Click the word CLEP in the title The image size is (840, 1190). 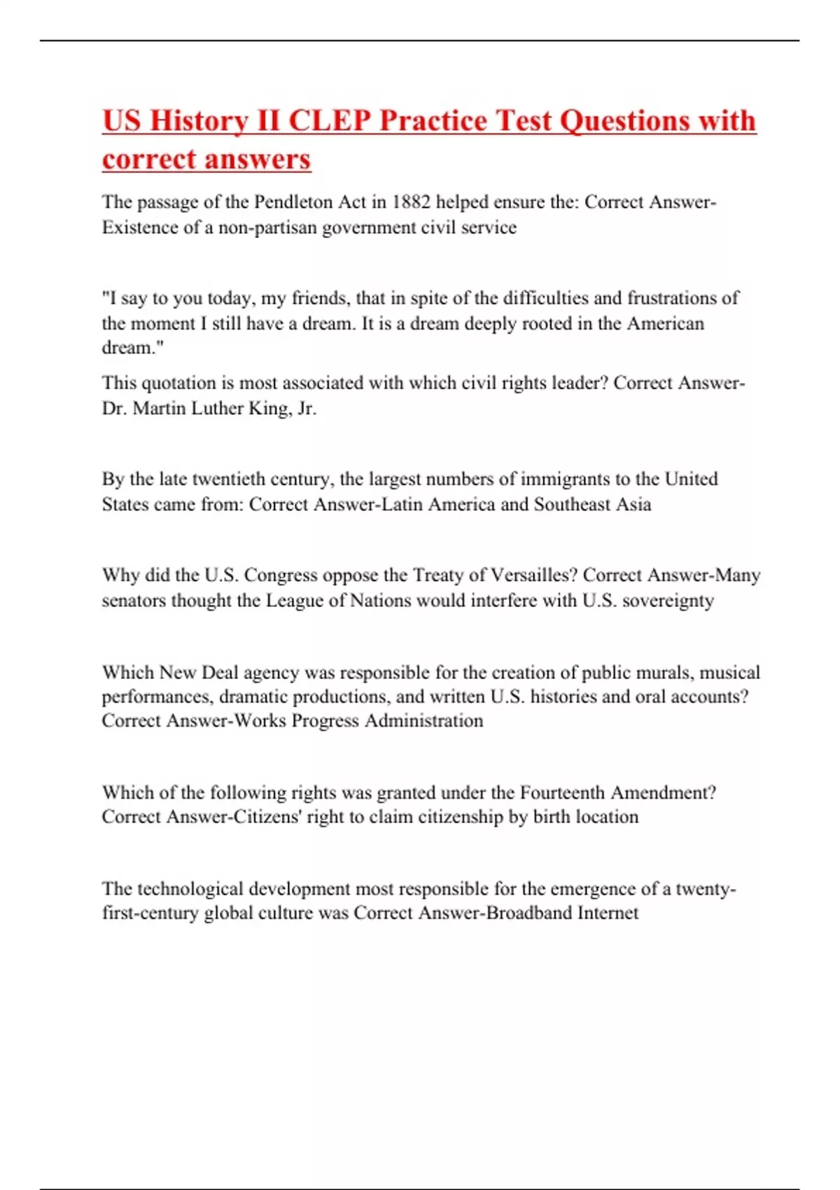coord(328,120)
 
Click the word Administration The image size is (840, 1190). coord(423,720)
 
